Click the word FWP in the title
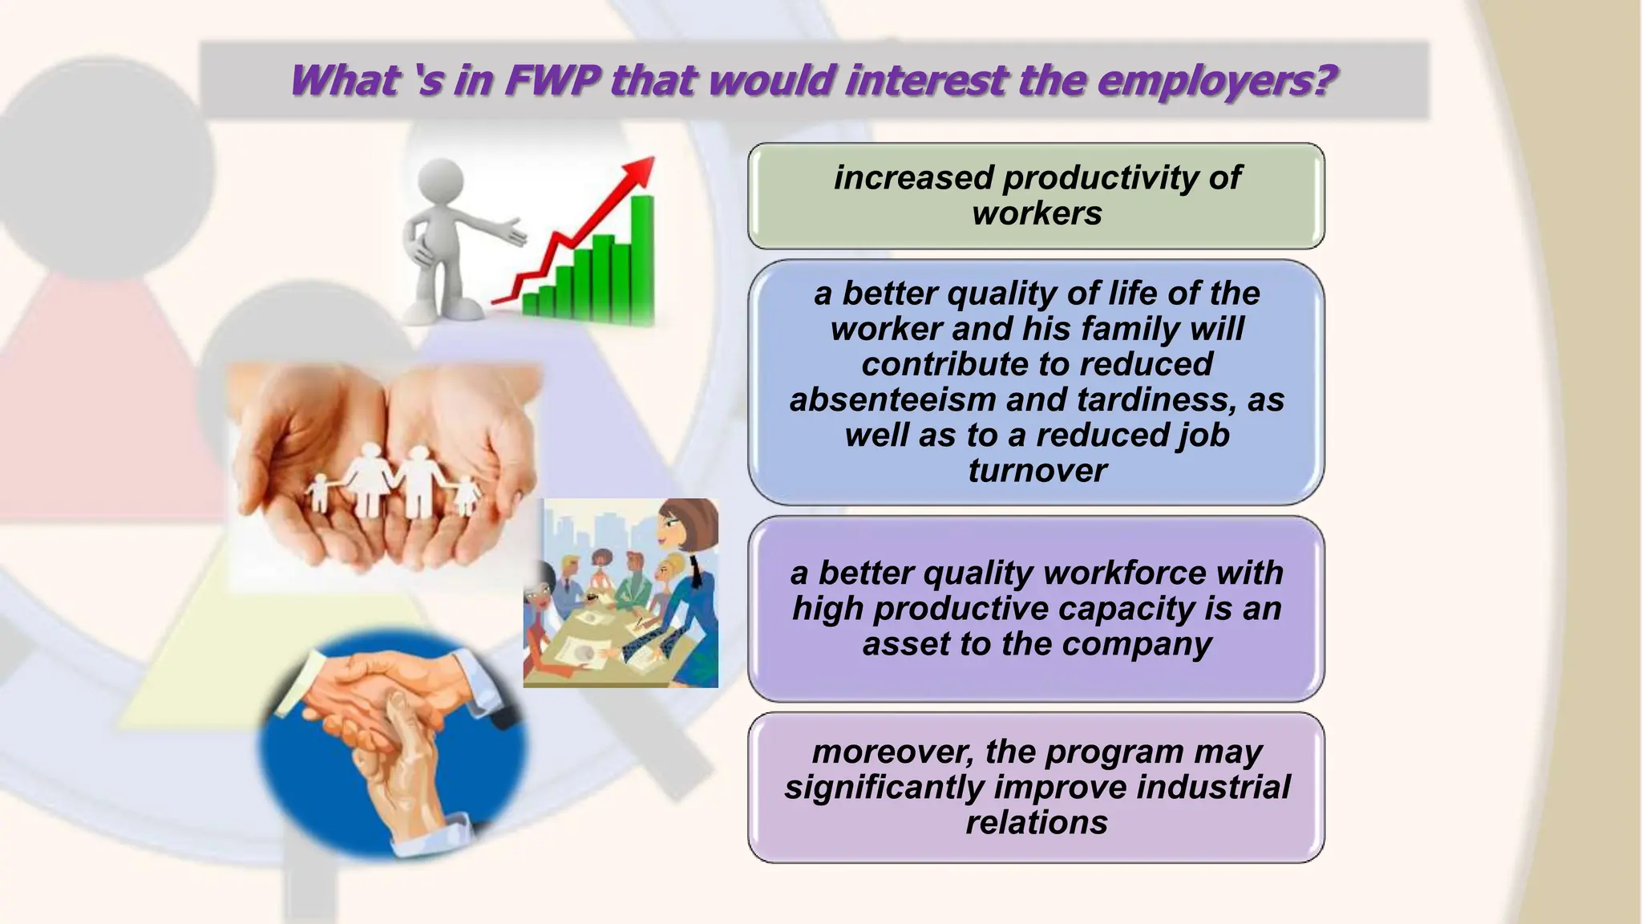pyautogui.click(x=554, y=81)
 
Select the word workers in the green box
pyautogui.click(x=1037, y=213)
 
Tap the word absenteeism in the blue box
pyautogui.click(x=892, y=399)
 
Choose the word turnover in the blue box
pyautogui.click(x=1037, y=470)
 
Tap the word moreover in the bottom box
pyautogui.click(x=893, y=752)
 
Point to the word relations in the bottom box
pyautogui.click(x=1037, y=822)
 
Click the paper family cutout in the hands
pyautogui.click(x=393, y=481)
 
